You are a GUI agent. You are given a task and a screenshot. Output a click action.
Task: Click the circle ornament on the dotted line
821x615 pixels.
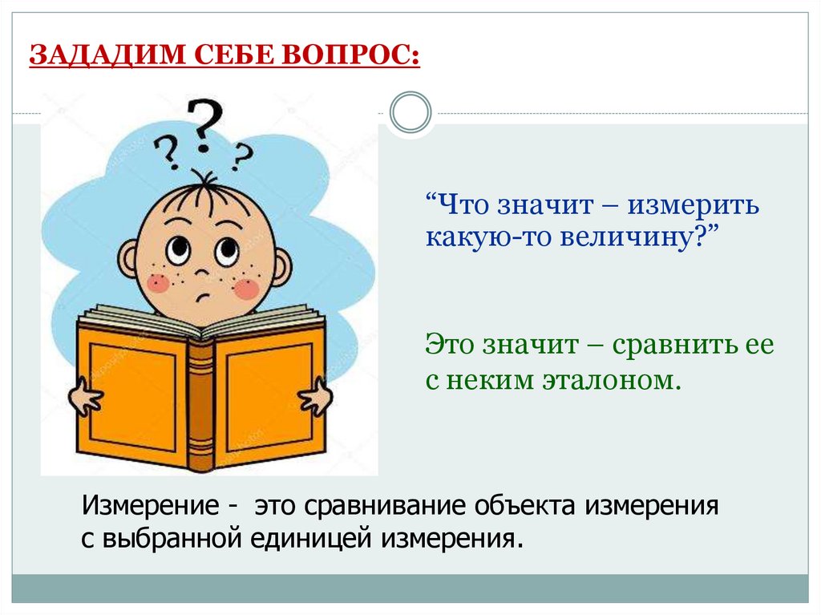tap(410, 111)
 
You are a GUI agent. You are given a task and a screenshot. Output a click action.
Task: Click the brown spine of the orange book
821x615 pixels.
tap(200, 401)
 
